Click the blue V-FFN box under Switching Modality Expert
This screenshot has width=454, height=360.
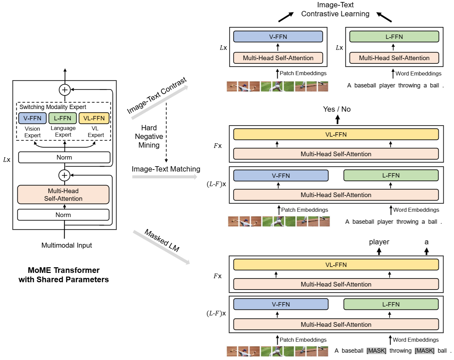(32, 118)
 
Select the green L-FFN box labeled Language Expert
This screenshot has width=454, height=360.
(63, 118)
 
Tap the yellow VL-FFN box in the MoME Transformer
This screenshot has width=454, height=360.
(94, 118)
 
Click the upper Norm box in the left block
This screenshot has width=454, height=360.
(64, 157)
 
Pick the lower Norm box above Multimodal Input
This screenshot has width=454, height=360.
(63, 215)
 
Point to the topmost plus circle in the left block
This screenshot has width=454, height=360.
(65, 90)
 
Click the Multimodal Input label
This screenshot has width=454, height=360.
(67, 245)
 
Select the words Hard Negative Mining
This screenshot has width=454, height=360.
(149, 137)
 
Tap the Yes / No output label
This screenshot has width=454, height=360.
(337, 109)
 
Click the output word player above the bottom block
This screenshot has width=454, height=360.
(379, 242)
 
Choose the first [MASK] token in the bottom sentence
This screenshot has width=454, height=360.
(376, 351)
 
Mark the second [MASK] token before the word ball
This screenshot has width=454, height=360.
(424, 351)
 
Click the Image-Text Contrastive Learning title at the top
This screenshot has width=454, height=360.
(335, 9)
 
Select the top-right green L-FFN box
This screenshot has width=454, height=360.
(394, 37)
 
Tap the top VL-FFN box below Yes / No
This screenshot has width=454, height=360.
(336, 135)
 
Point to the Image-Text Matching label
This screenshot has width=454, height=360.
(166, 169)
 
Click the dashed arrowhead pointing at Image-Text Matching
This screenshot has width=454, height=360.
(166, 161)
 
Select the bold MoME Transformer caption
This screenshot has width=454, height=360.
(64, 275)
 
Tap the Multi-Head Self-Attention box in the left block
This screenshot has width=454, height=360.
(63, 195)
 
